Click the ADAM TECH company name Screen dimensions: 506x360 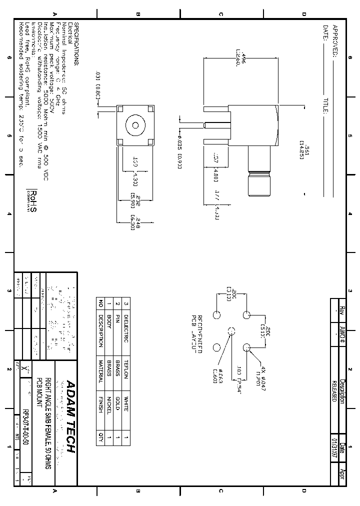click(x=70, y=417)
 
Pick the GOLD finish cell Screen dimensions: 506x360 click(x=117, y=407)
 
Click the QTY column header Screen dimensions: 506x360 click(x=100, y=438)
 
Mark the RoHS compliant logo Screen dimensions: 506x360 click(x=32, y=200)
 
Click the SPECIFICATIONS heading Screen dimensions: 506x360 click(x=76, y=44)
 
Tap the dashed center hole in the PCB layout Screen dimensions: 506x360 click(x=231, y=331)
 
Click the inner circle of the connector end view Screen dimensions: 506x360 click(x=134, y=125)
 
